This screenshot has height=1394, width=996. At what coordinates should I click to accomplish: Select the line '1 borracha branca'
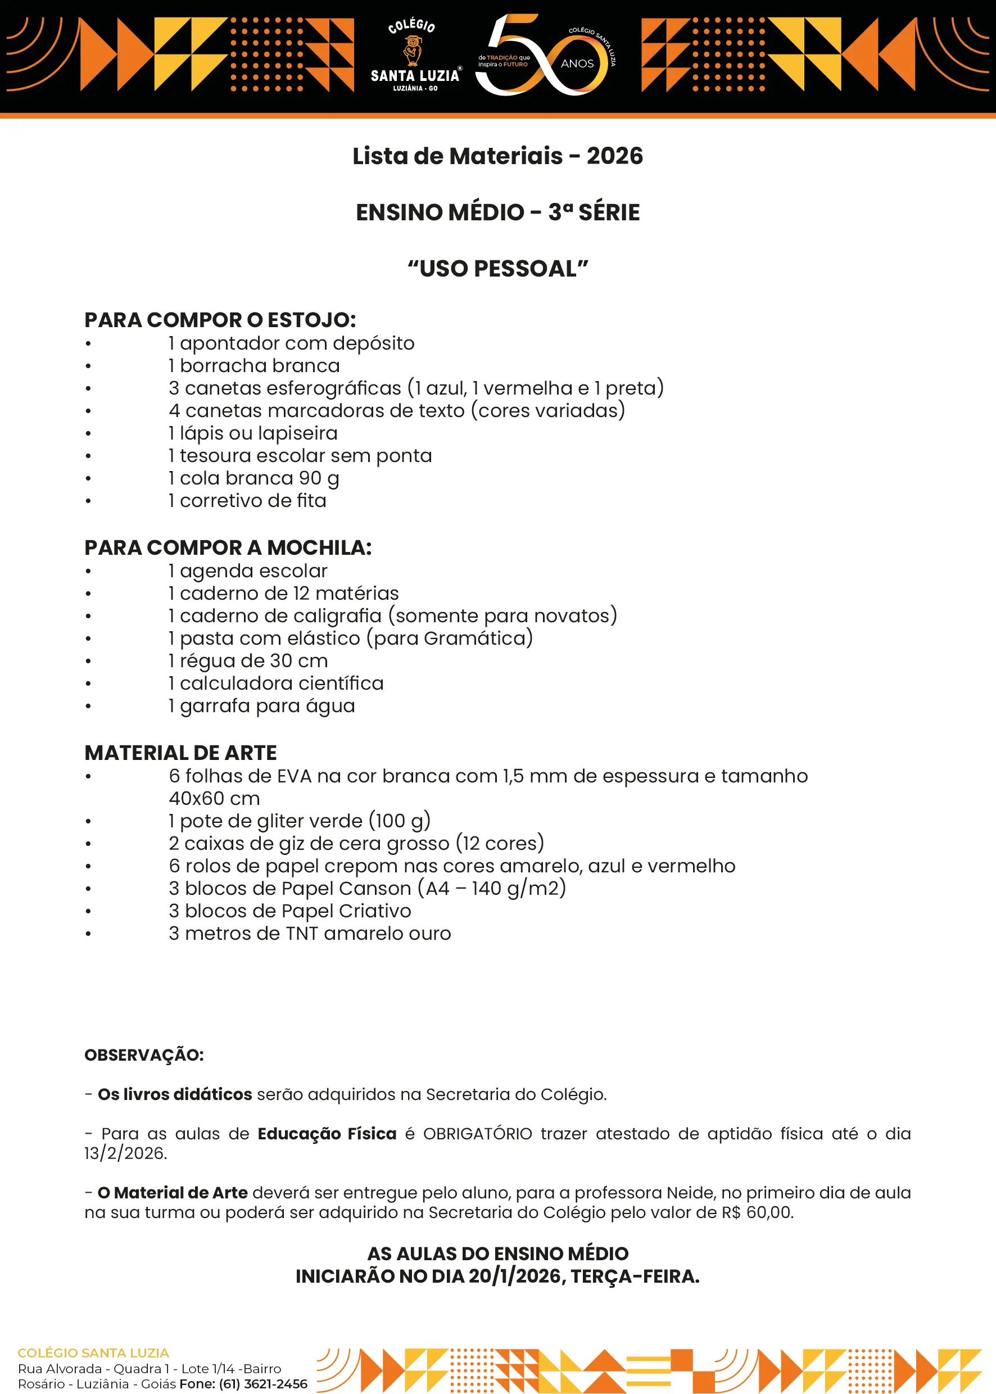pyautogui.click(x=254, y=365)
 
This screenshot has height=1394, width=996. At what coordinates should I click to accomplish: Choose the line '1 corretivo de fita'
pyautogui.click(x=247, y=500)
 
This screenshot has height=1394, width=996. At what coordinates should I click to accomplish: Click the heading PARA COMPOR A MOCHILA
pyautogui.click(x=228, y=547)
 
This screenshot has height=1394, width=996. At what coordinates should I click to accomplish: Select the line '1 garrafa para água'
pyautogui.click(x=262, y=706)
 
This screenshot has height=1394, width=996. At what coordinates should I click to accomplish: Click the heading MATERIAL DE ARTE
pyautogui.click(x=180, y=753)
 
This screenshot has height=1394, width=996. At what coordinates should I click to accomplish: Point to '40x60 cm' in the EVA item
pyautogui.click(x=214, y=799)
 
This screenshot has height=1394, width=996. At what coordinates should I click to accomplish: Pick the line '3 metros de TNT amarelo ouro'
pyautogui.click(x=310, y=934)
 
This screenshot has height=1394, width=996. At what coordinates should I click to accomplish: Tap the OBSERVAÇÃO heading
pyautogui.click(x=144, y=1055)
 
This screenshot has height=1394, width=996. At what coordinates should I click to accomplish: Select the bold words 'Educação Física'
pyautogui.click(x=327, y=1133)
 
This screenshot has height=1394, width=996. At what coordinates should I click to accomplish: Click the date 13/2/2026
pyautogui.click(x=125, y=1153)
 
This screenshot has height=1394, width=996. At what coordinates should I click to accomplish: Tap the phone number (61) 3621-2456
pyautogui.click(x=263, y=1383)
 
